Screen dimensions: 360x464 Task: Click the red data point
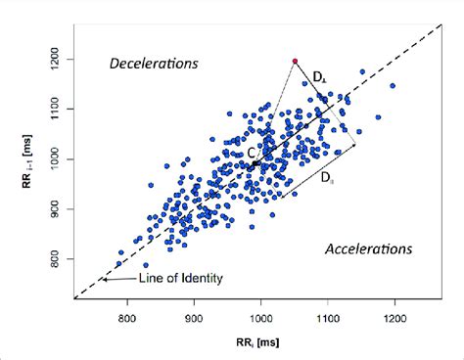(x=294, y=62)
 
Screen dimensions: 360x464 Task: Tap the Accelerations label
(x=369, y=248)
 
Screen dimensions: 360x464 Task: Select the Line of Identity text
(x=180, y=279)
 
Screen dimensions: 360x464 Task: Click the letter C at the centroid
(x=252, y=154)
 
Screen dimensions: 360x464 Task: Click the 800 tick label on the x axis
(x=126, y=317)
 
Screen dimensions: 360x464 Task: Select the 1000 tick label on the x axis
(x=260, y=317)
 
